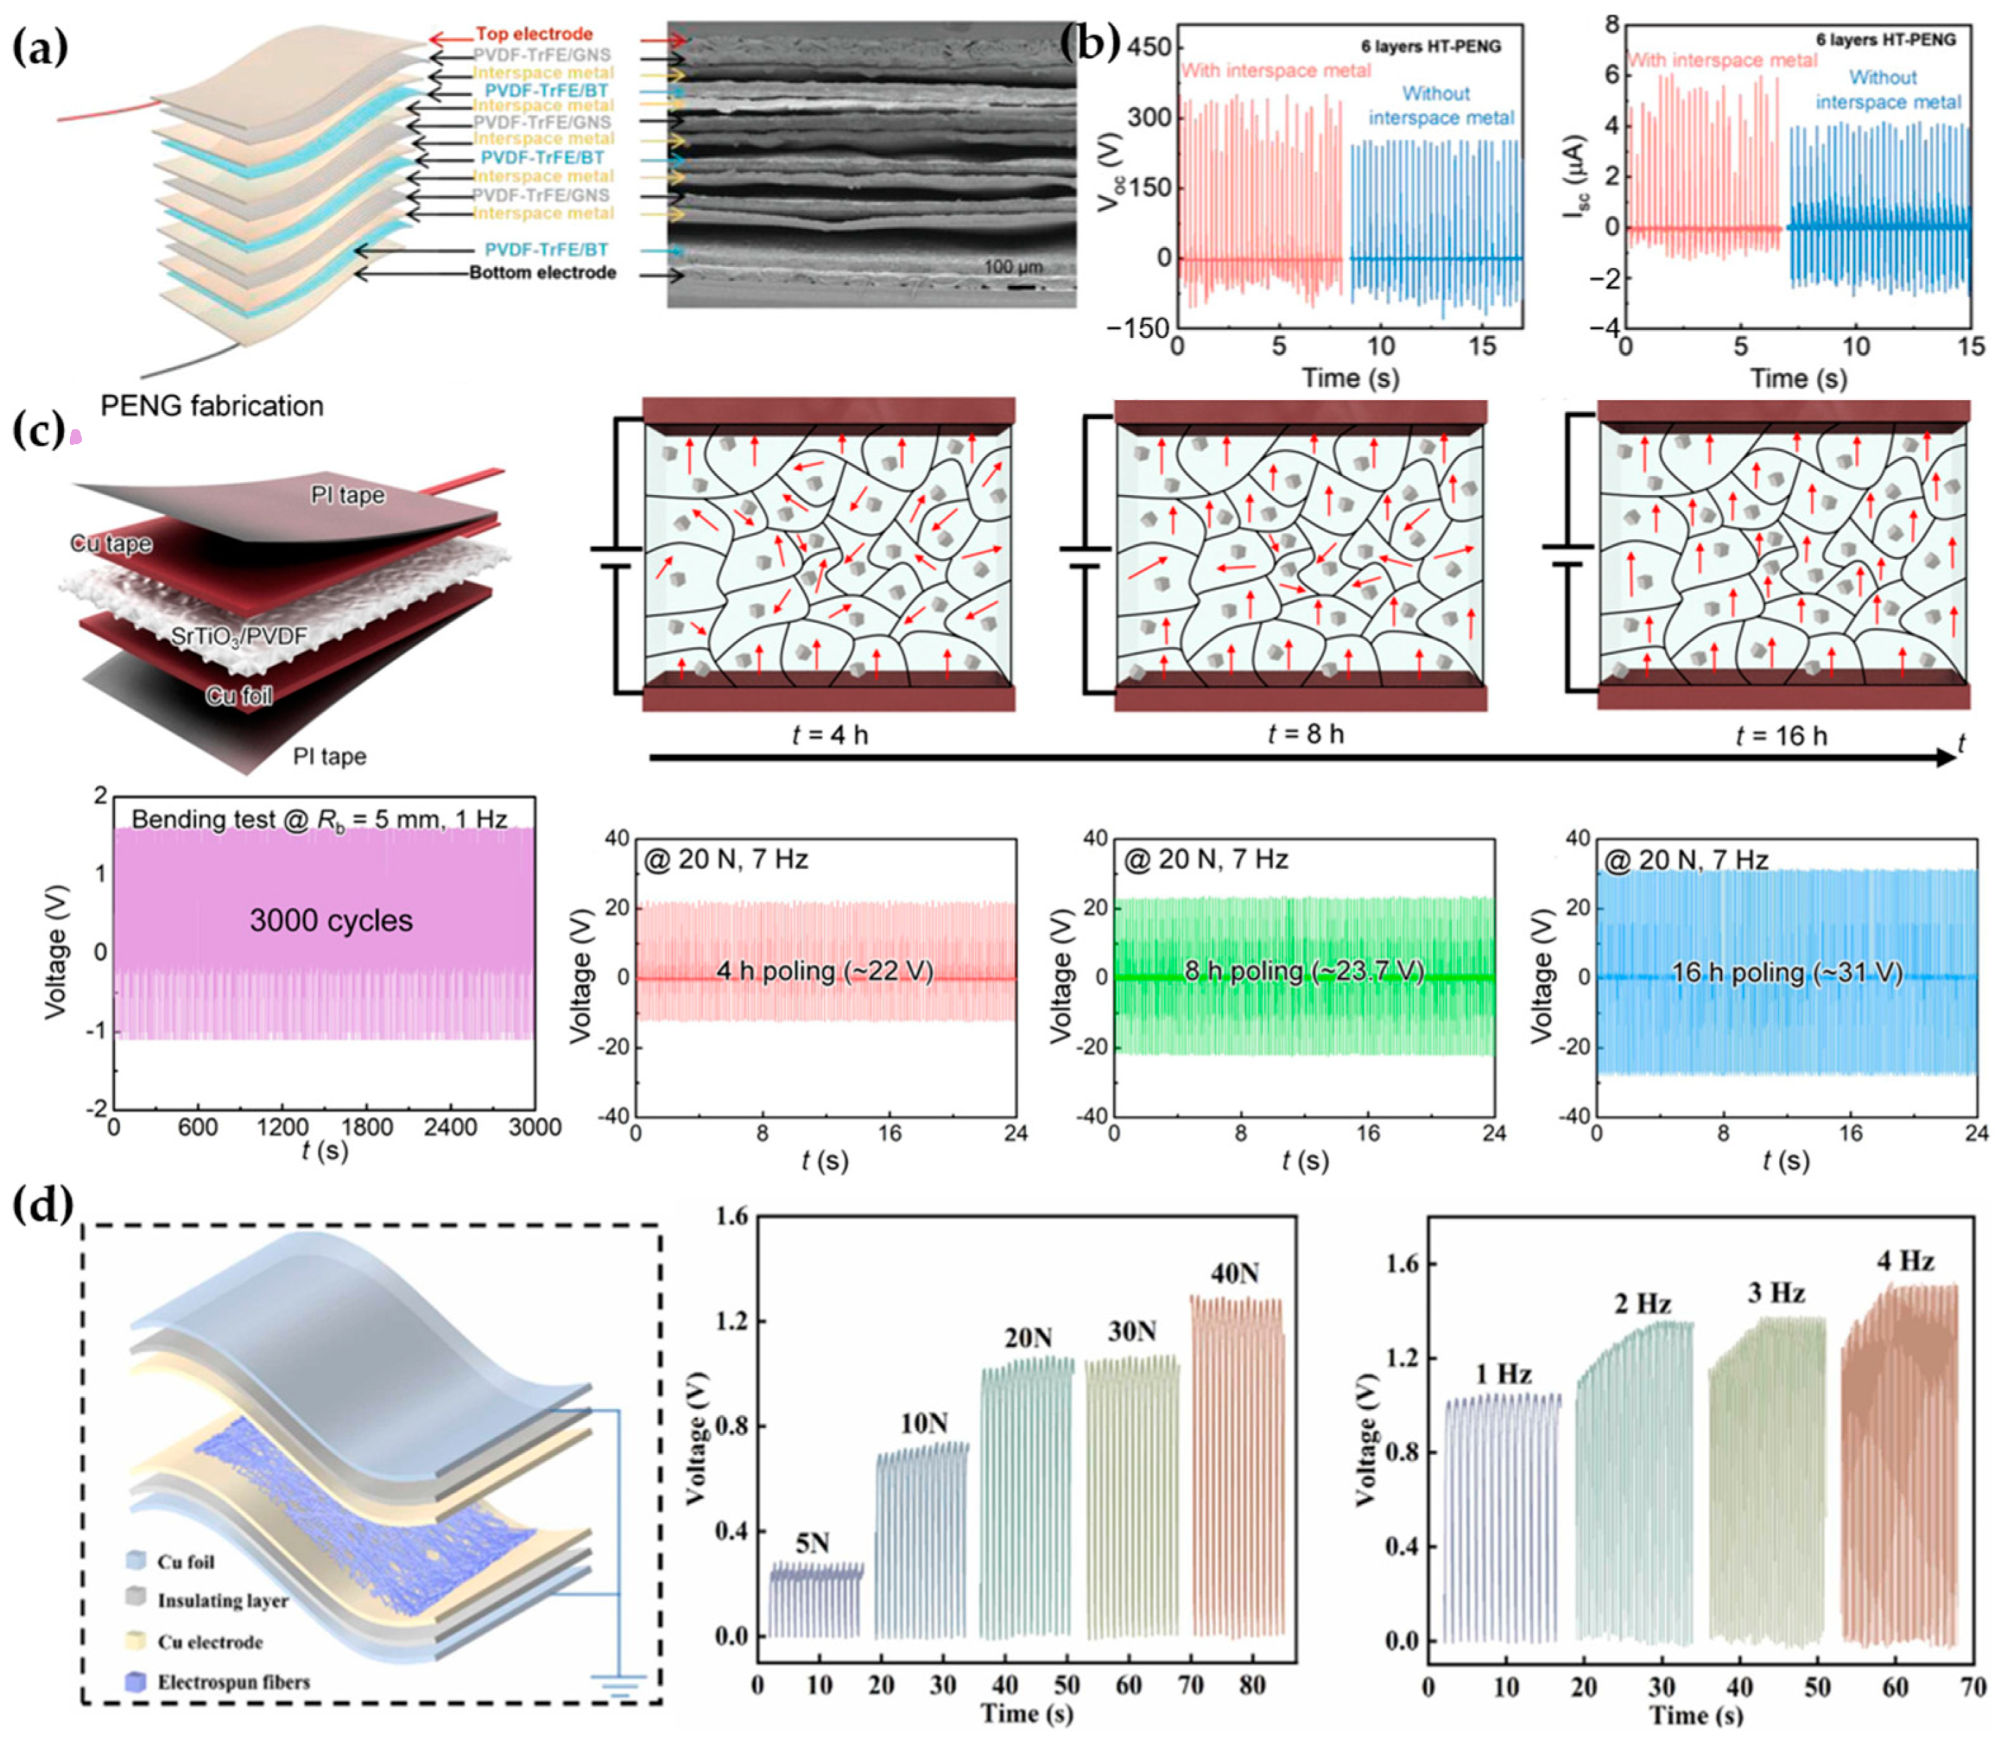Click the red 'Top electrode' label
533,34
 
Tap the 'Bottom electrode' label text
542,273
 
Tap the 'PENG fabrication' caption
212,406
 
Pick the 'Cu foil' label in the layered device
239,695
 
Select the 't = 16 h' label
1780,736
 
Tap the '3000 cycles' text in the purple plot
331,920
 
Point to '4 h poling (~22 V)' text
824,971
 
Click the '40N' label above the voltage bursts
1234,1274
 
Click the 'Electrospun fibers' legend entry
233,1682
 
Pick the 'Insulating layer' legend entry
223,1601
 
